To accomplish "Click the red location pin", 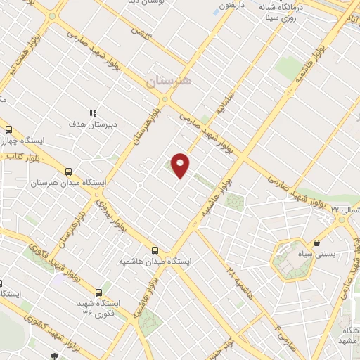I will (x=181, y=165).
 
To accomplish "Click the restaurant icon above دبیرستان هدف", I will (x=91, y=112).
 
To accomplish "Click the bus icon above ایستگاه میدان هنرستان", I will (x=68, y=172).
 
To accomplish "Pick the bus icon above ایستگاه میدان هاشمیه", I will (x=155, y=250).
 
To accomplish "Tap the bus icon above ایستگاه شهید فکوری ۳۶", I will (x=98, y=292).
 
